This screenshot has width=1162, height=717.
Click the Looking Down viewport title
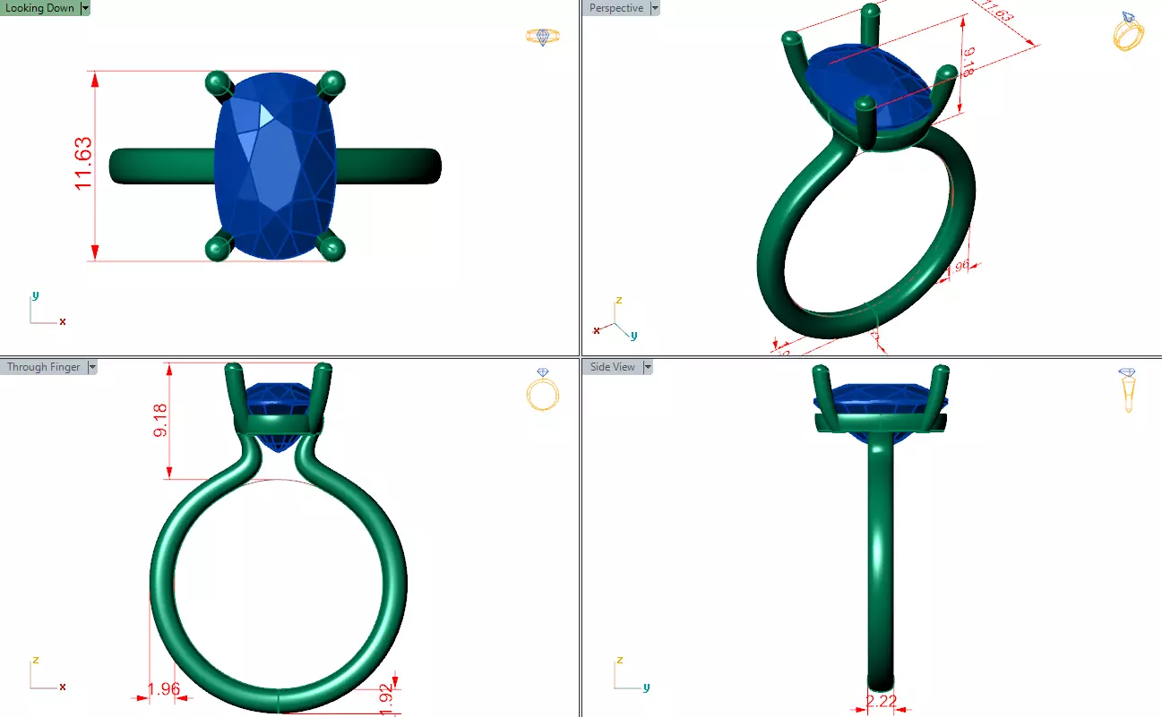[39, 8]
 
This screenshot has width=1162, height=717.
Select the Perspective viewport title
[615, 8]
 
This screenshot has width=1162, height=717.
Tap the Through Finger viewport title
[43, 367]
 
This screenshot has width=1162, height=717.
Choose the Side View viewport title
[613, 367]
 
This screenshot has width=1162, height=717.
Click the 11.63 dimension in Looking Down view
[82, 164]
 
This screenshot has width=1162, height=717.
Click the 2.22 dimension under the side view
[882, 701]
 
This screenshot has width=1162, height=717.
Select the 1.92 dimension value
[386, 699]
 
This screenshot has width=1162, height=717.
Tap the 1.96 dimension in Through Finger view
[164, 689]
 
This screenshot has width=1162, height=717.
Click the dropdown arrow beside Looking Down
[85, 8]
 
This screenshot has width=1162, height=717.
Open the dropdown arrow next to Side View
[648, 367]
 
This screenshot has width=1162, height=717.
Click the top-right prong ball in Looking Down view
[332, 82]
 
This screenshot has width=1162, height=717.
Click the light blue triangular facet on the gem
[266, 115]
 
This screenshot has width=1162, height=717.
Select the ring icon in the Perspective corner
[1128, 32]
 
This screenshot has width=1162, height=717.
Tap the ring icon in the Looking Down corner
[542, 37]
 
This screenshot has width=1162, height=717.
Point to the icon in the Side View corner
[1128, 389]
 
